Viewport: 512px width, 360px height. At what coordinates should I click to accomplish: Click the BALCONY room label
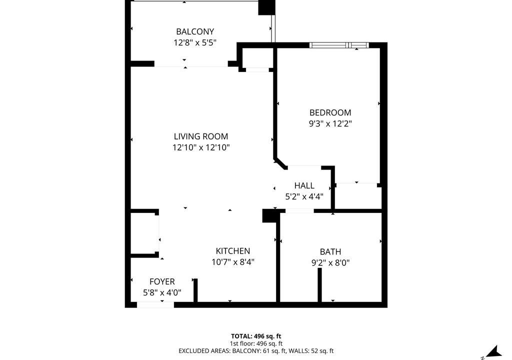(195, 31)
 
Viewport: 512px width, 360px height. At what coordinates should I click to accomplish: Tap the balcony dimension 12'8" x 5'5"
(195, 42)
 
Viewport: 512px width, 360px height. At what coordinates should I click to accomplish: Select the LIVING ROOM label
(201, 136)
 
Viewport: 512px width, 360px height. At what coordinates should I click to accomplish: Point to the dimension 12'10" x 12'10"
(201, 147)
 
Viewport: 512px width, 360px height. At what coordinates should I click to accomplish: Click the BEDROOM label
(330, 112)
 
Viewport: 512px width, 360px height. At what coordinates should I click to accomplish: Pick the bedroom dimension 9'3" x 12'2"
(330, 124)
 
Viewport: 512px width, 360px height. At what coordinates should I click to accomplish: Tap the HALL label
(304, 185)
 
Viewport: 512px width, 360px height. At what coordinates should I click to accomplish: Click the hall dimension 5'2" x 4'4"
(304, 196)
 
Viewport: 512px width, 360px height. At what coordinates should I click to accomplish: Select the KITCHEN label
(233, 251)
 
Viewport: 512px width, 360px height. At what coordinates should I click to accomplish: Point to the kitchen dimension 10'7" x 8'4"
(233, 262)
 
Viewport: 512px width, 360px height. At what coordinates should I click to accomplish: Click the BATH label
(330, 252)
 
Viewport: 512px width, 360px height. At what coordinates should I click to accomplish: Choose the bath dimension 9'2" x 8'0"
(330, 262)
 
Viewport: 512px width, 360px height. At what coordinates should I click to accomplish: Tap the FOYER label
(162, 281)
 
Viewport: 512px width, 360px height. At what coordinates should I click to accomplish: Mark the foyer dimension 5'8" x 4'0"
(162, 292)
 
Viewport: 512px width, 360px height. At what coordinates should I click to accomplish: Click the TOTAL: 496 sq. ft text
(256, 336)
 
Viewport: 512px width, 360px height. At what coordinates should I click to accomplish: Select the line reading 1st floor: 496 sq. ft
(256, 343)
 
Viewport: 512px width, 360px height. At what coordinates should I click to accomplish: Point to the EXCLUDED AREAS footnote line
(256, 351)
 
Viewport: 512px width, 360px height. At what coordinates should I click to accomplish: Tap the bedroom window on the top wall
(339, 45)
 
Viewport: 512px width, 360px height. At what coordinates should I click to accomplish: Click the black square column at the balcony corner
(266, 7)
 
